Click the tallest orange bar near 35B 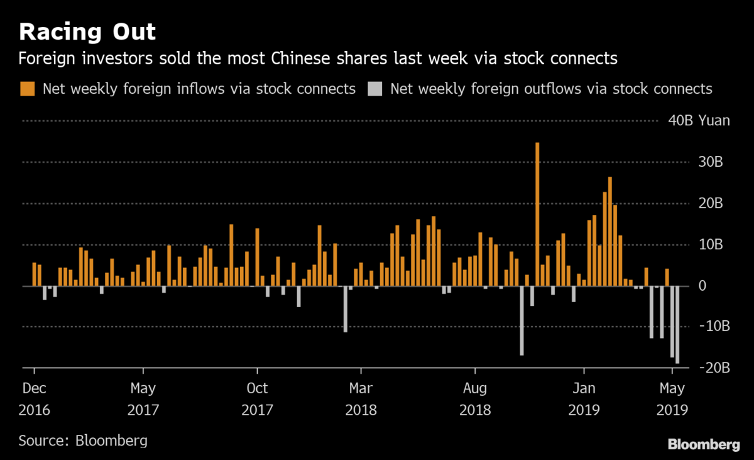coord(537,214)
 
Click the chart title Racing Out coord(87,31)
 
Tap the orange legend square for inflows coord(28,89)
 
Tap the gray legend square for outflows coord(374,89)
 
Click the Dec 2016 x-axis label coord(34,399)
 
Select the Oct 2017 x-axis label coord(257,399)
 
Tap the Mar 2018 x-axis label coord(361,399)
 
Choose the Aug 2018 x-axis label coord(475,399)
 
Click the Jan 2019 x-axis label coord(584,399)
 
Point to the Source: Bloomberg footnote coord(83,440)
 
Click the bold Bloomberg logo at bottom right coord(703,444)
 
